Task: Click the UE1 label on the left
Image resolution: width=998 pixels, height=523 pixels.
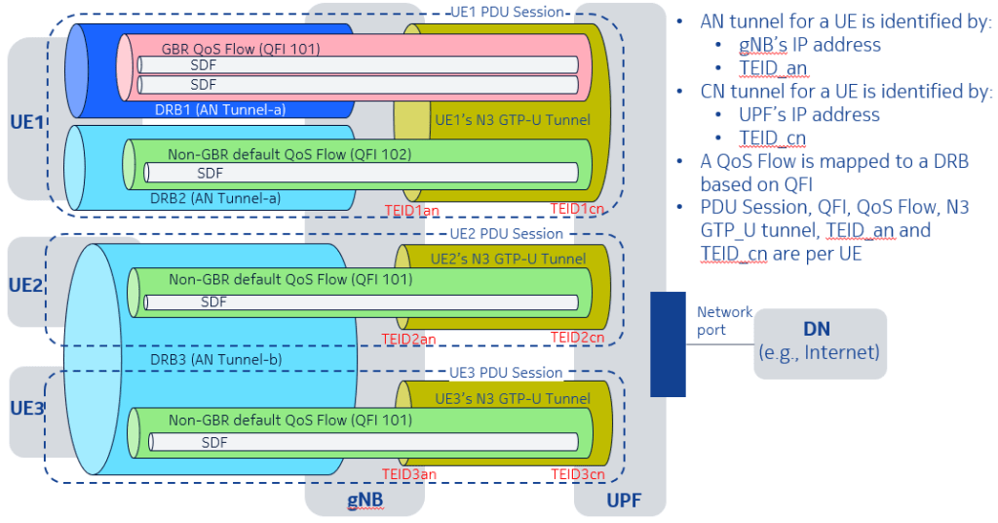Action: point(26,123)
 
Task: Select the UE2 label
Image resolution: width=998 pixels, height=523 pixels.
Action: point(26,286)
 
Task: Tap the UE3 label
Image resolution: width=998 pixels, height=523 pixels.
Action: point(26,408)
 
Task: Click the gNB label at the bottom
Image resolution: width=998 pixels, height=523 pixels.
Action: point(365,498)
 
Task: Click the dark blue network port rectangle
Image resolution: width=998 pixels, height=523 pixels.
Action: point(669,343)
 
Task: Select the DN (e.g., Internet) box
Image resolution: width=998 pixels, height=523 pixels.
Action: point(819,342)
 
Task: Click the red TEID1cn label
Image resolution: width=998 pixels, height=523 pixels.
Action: point(578,210)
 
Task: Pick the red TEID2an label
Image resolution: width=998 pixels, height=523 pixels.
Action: point(409,338)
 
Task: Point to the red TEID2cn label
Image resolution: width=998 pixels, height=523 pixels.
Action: point(578,338)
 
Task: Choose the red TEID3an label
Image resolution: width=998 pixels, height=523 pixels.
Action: point(409,475)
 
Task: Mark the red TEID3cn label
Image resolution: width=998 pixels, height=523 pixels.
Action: point(578,475)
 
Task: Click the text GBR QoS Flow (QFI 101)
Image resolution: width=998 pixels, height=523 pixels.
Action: point(241,48)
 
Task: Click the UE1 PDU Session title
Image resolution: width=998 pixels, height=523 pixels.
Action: point(507,12)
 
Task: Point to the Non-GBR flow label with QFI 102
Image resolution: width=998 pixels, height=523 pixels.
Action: point(289,154)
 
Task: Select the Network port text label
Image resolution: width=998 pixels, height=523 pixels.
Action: point(724,321)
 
